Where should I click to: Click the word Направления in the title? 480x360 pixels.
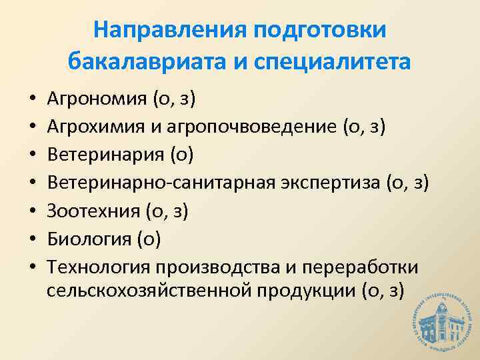point(169,30)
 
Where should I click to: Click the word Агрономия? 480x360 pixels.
point(97,101)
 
